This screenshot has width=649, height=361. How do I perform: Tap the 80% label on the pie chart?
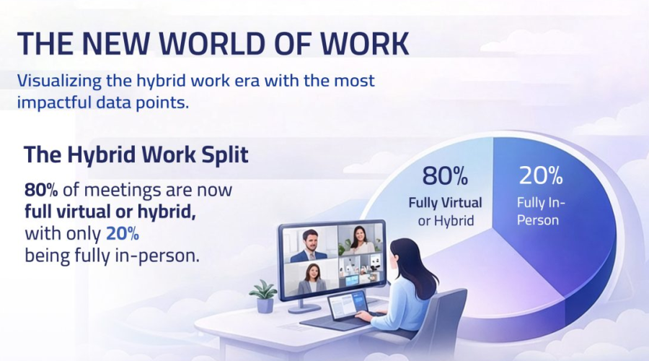coord(445,175)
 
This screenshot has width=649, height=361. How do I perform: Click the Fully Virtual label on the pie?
coord(445,203)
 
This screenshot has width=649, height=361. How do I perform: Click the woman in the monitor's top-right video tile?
coord(358,242)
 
